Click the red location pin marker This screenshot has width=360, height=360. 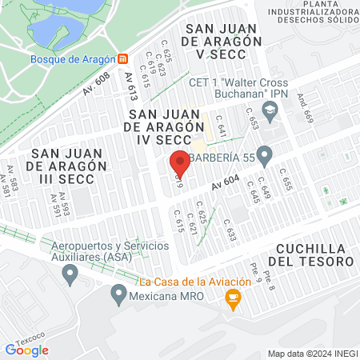coord(180,162)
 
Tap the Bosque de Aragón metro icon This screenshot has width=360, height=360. coord(122,59)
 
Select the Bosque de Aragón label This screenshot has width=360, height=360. coord(73,59)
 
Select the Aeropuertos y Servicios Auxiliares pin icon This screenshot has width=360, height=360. coord(70,274)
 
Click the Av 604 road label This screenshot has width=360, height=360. coord(226,186)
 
